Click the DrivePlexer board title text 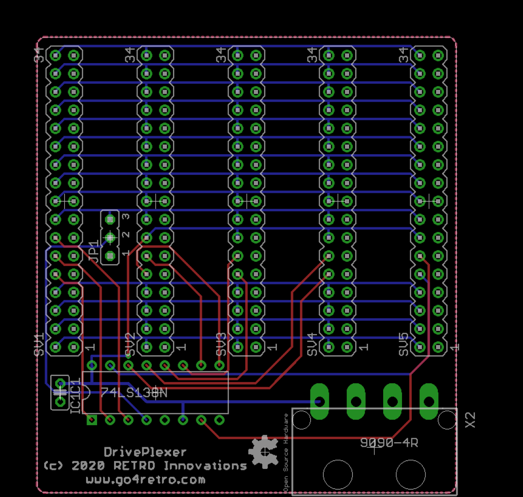145,452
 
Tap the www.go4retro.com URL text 145,480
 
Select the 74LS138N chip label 134,393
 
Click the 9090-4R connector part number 389,443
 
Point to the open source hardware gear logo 264,451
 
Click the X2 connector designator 470,420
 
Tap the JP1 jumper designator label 93,251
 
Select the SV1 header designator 39,344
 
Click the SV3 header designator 221,344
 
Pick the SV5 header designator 403,344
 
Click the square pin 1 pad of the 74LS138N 92,420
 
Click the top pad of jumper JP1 109,220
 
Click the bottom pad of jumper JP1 109,255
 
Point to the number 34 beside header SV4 312,55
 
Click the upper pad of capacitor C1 60,383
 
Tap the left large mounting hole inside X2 338,474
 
